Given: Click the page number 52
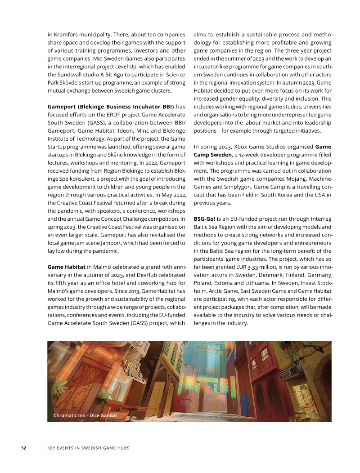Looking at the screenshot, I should tap(24, 448).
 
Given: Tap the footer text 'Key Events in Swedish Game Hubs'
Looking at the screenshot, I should tap(88, 448).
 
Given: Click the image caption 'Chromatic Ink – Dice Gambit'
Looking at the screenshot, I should tap(85, 415).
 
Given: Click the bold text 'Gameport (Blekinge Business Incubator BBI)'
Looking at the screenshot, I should tap(111, 107).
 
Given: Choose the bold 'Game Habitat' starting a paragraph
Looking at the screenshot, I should tap(67, 267).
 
